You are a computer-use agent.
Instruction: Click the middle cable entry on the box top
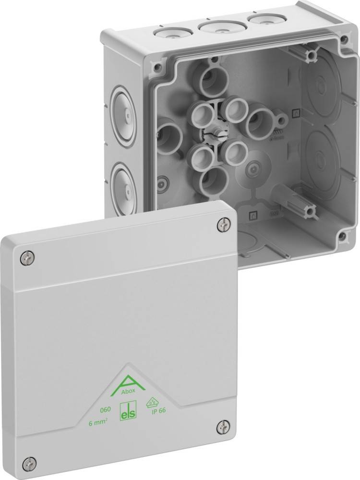(x=215, y=26)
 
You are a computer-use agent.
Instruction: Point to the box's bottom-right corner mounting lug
(x=342, y=237)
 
